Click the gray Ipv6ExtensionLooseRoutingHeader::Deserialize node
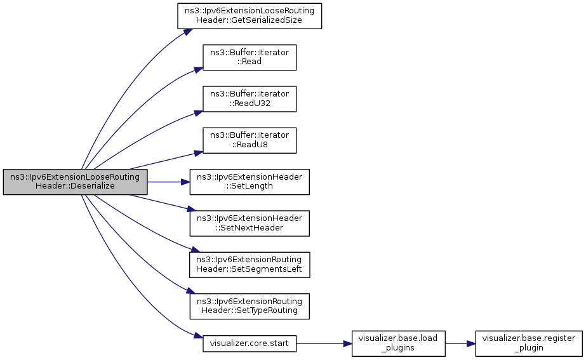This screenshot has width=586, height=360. [x=75, y=182]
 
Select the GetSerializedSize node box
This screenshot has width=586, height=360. [x=249, y=16]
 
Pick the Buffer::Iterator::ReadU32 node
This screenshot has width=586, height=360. [x=249, y=98]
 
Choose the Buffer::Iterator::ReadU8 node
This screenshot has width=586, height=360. [x=249, y=140]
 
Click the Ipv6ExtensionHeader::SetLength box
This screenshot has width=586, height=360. [x=249, y=182]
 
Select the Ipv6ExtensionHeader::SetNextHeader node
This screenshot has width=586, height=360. [x=249, y=223]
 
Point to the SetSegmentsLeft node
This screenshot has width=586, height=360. [x=249, y=264]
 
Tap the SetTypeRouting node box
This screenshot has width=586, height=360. [x=249, y=305]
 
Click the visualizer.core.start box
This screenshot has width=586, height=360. [x=249, y=343]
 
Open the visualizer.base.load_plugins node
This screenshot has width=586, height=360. [x=398, y=343]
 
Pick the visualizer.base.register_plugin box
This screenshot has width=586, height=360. [x=528, y=343]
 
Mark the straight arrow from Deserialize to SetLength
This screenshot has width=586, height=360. [x=168, y=182]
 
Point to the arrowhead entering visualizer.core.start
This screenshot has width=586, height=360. [x=197, y=336]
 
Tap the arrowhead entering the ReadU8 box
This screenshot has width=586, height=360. [x=197, y=152]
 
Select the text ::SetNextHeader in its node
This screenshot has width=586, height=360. [x=249, y=227]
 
